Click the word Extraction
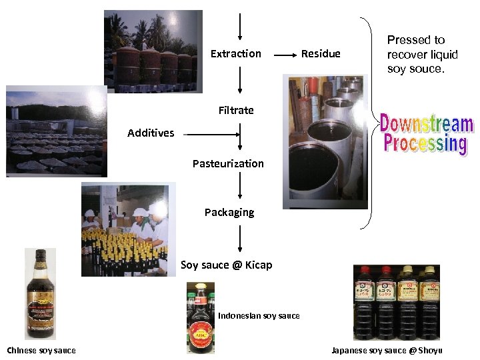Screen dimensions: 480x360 (235, 53)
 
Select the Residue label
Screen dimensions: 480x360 (321, 53)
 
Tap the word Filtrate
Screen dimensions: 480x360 (236, 110)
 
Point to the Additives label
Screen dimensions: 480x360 (151, 133)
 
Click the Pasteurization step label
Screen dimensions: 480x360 (228, 163)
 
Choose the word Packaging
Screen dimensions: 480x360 (229, 212)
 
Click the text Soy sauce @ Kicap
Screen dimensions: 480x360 (227, 265)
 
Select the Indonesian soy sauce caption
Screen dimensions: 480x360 (259, 315)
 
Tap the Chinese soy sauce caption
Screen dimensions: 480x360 (41, 350)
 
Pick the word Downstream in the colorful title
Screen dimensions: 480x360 (427, 125)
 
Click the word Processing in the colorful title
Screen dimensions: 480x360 (425, 143)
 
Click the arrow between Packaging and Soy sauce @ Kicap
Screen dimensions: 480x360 (239, 239)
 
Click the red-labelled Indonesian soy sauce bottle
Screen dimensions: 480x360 (200, 318)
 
